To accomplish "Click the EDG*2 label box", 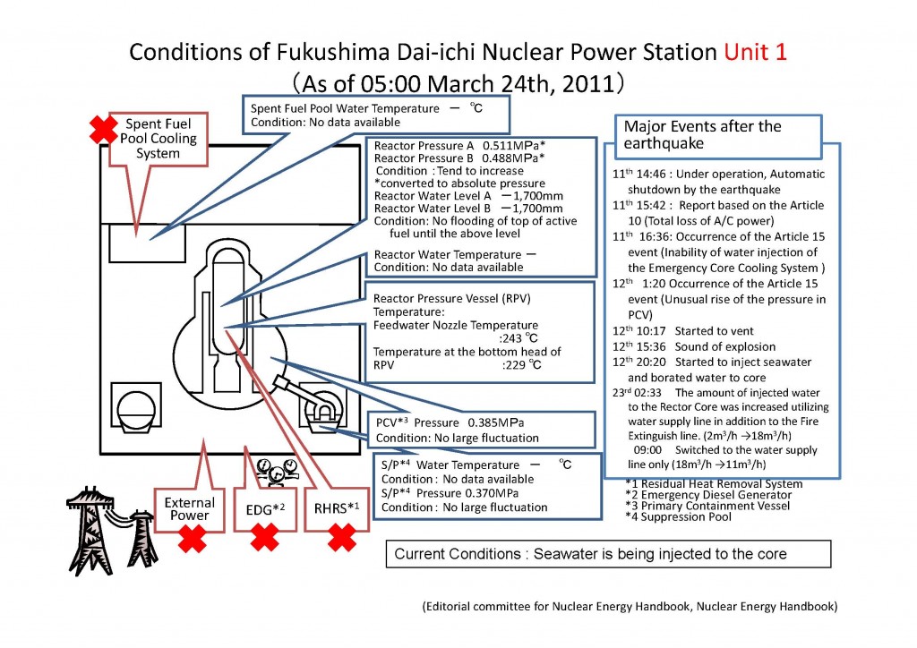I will pos(264,507).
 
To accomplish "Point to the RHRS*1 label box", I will pos(339,507).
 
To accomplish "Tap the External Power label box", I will pos(190,507).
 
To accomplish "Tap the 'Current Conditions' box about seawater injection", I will pos(591,554).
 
